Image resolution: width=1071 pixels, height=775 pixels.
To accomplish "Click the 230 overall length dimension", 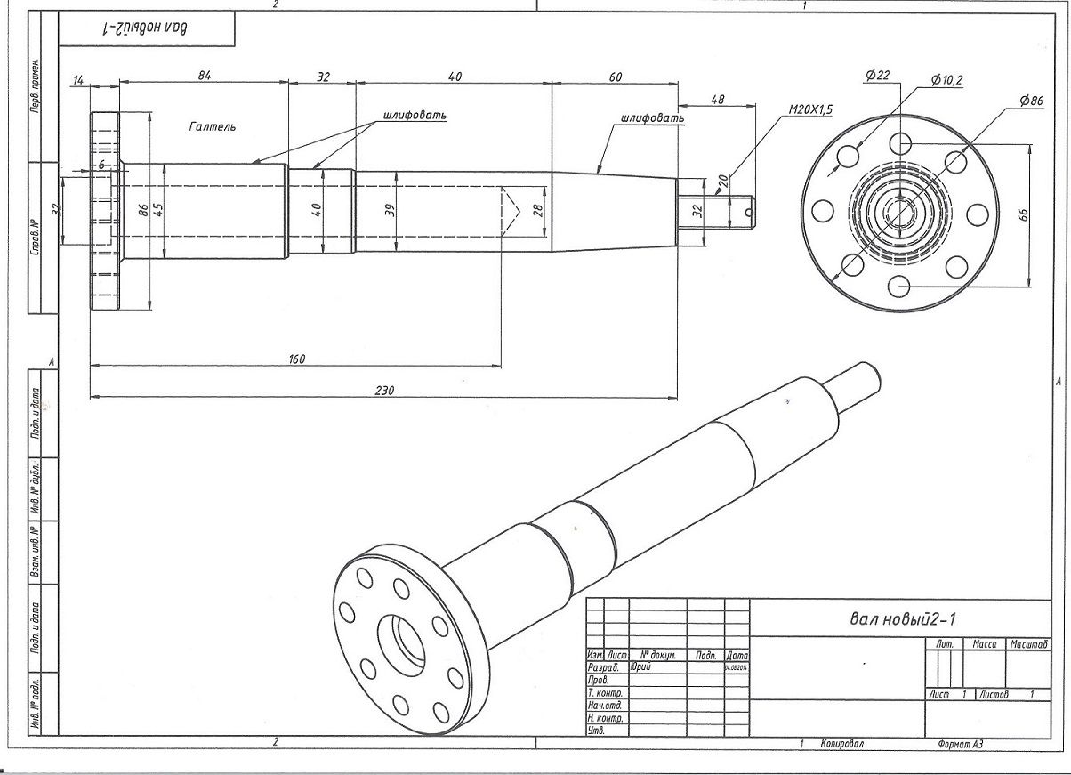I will click(x=384, y=390).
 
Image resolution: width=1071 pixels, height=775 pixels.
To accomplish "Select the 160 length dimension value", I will click(x=296, y=359).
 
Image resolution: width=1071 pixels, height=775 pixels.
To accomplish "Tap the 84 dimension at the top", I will click(x=204, y=77).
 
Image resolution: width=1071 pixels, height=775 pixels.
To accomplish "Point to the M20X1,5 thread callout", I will click(x=810, y=109).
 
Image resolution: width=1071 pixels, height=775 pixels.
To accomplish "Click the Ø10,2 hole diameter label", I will click(x=946, y=80).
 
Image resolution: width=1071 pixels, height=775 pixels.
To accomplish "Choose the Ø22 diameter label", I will click(x=877, y=76).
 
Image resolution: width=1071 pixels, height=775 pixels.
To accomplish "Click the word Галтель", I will click(x=213, y=127).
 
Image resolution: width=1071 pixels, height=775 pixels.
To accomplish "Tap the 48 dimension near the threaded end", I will click(x=717, y=100).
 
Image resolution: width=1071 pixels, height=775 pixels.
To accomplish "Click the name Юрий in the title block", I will click(x=640, y=666).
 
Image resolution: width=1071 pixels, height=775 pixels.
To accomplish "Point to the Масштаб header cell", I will click(x=1028, y=643).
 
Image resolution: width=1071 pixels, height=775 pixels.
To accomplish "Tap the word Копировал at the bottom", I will click(x=841, y=744).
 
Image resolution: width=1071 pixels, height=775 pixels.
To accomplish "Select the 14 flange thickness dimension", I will click(x=78, y=80).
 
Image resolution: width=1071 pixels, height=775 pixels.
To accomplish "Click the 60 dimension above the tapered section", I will click(x=615, y=77).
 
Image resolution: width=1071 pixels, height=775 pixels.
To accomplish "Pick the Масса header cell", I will click(x=984, y=643).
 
